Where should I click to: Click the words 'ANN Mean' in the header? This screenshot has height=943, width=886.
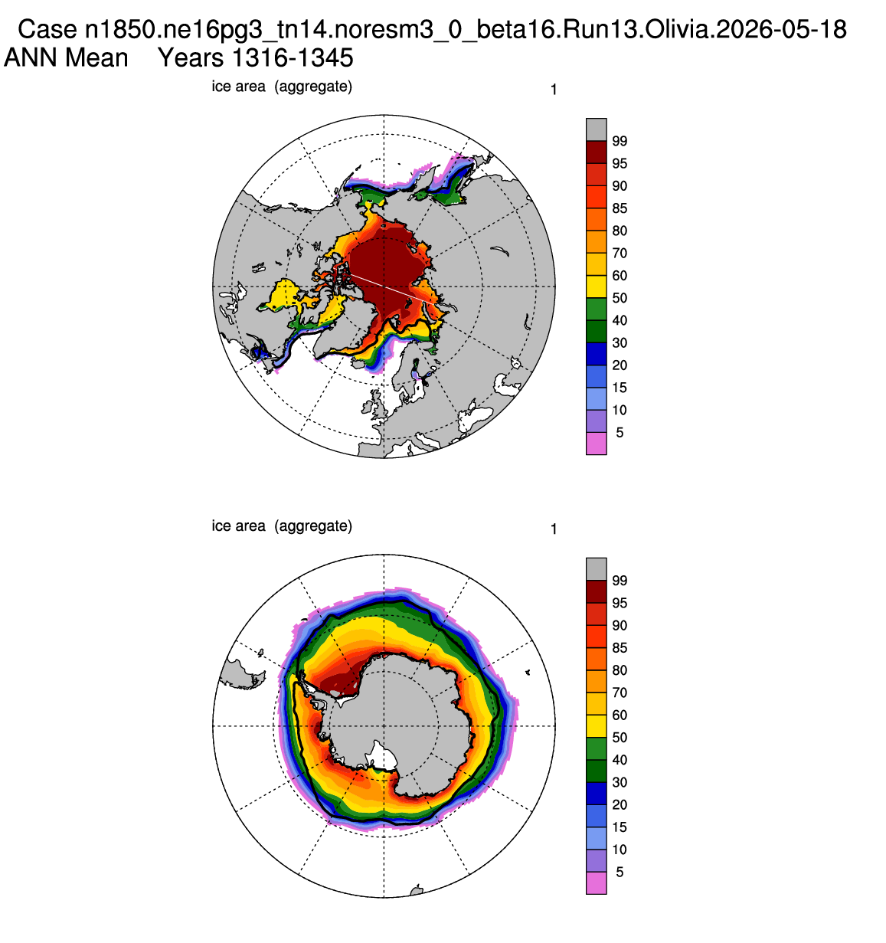(x=66, y=58)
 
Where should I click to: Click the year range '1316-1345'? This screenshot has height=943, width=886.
(x=293, y=58)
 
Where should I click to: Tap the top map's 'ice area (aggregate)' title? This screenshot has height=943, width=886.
(x=282, y=87)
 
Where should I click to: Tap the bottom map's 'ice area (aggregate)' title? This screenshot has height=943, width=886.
(x=282, y=526)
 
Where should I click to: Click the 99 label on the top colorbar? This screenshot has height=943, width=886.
(x=620, y=141)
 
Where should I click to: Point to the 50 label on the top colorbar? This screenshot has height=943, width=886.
(x=620, y=298)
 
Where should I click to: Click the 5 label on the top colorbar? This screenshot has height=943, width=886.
(x=620, y=432)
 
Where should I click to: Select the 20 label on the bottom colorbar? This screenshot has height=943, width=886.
(x=620, y=804)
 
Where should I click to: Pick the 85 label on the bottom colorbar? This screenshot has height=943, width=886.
(x=620, y=647)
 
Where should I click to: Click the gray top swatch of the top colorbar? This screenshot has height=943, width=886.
(x=597, y=129)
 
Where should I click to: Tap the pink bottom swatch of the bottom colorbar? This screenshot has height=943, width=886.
(x=597, y=882)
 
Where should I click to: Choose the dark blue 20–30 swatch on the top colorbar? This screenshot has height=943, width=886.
(x=597, y=354)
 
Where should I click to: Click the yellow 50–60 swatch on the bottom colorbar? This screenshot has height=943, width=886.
(x=597, y=726)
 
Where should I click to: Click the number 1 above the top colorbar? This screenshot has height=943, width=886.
(x=554, y=90)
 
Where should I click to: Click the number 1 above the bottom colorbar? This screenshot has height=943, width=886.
(x=554, y=529)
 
